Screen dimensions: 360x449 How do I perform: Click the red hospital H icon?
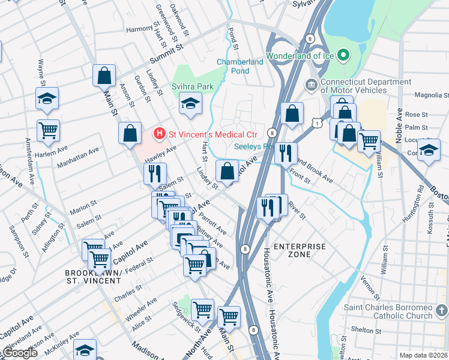[x=160, y=133]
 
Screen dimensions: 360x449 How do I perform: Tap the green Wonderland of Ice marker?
[x=344, y=56]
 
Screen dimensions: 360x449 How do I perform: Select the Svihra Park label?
[x=193, y=87]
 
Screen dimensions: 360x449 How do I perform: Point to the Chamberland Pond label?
[x=240, y=66]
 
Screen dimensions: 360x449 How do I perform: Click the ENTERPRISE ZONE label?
[x=300, y=250]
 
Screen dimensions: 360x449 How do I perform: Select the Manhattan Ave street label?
[x=77, y=158]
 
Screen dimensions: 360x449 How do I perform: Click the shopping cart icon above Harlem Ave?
[x=48, y=130]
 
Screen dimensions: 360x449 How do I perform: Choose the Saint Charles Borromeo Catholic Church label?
[x=388, y=311]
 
